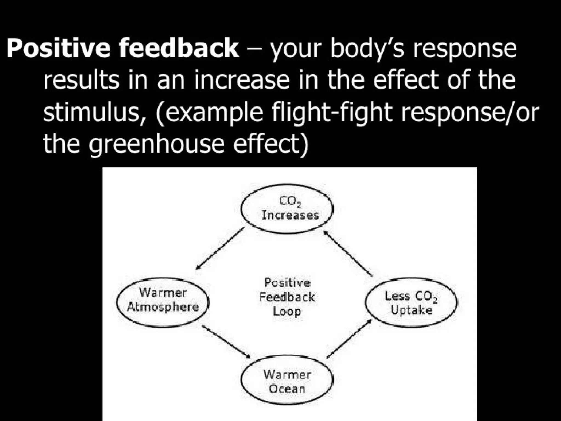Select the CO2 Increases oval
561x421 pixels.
tap(287, 209)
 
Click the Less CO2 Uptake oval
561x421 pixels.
tap(411, 303)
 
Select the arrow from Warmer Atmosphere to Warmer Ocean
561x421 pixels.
tap(226, 342)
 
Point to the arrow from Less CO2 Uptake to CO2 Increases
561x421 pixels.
tap(348, 253)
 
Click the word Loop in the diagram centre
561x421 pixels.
tap(287, 311)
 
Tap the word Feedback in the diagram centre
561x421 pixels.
tap(287, 297)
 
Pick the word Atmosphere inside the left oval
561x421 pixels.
tap(163, 307)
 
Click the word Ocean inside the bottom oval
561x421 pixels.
tap(287, 389)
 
